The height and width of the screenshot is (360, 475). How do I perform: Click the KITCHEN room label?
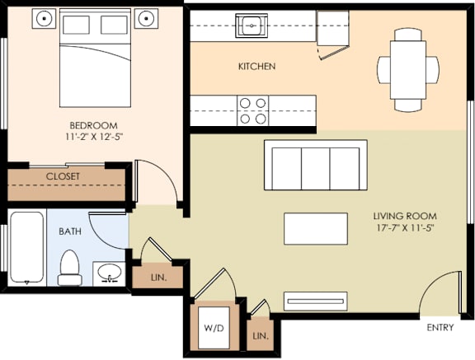[256, 66]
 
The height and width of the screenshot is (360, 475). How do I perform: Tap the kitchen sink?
[250, 26]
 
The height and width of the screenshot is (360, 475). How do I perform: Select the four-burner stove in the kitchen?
[253, 110]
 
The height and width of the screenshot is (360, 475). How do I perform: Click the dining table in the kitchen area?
[408, 69]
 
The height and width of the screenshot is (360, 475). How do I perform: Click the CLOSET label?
[63, 176]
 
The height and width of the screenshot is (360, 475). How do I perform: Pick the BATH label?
[70, 231]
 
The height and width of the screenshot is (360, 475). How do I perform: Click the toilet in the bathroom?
[70, 267]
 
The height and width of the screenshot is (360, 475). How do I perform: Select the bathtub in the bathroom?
[27, 247]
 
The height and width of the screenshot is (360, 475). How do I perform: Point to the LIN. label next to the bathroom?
[159, 278]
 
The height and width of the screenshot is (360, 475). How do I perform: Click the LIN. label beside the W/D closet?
[261, 336]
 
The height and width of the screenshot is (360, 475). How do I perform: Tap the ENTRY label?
[440, 328]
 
